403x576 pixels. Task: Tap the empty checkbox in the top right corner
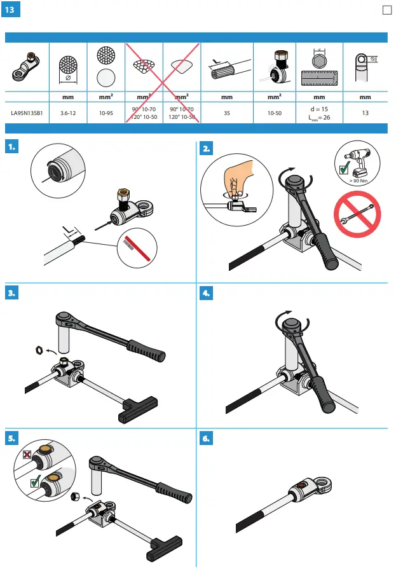point(386,10)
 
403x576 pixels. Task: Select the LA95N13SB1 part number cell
point(27,113)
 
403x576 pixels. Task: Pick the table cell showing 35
point(226,113)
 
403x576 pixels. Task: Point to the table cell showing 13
point(365,113)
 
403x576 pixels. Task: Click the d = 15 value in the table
point(319,109)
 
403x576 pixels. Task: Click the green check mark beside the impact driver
point(344,170)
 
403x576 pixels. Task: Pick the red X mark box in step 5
point(27,455)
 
